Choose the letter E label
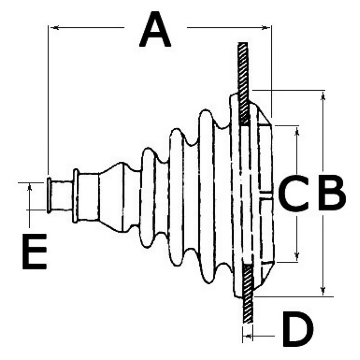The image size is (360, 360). (x=35, y=251)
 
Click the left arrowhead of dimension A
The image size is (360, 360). (x=55, y=28)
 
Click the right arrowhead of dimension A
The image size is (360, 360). (x=265, y=28)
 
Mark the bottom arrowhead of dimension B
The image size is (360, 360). (x=323, y=290)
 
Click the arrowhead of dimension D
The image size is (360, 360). (x=248, y=336)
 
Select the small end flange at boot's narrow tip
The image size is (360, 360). (x=49, y=195)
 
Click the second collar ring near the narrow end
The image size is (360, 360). (x=75, y=196)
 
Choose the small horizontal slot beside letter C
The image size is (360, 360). (x=266, y=195)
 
